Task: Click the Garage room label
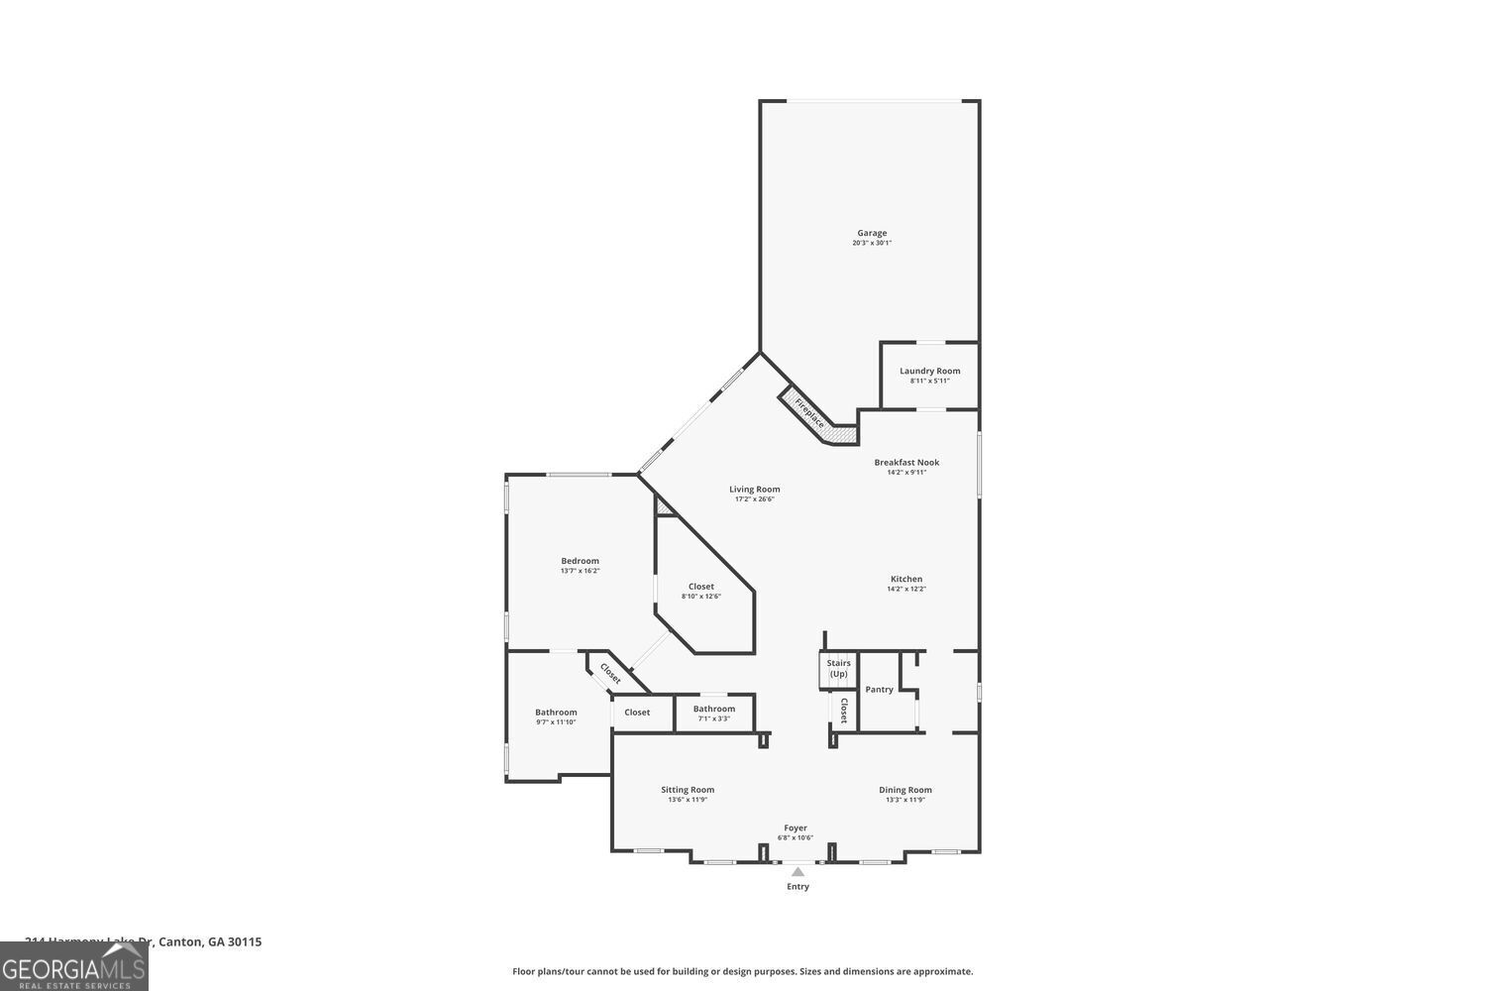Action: [x=872, y=233]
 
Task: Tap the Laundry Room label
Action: [x=929, y=371]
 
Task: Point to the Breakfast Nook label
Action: [x=906, y=462]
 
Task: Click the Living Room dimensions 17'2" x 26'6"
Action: [x=754, y=499]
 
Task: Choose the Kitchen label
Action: [x=905, y=579]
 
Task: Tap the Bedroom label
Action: [x=580, y=561]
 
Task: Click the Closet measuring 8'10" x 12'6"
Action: [x=700, y=591]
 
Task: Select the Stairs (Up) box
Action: [x=838, y=669]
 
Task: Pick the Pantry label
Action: [x=879, y=690]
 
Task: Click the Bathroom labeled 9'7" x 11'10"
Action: [x=556, y=716]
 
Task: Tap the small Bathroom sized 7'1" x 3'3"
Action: [x=713, y=713]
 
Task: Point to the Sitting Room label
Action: [x=688, y=790]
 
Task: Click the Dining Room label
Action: [x=905, y=790]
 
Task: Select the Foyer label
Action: [x=796, y=827]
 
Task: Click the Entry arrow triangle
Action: [x=797, y=872]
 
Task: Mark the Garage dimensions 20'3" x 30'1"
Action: [x=872, y=243]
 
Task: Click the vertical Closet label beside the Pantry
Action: [x=844, y=710]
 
